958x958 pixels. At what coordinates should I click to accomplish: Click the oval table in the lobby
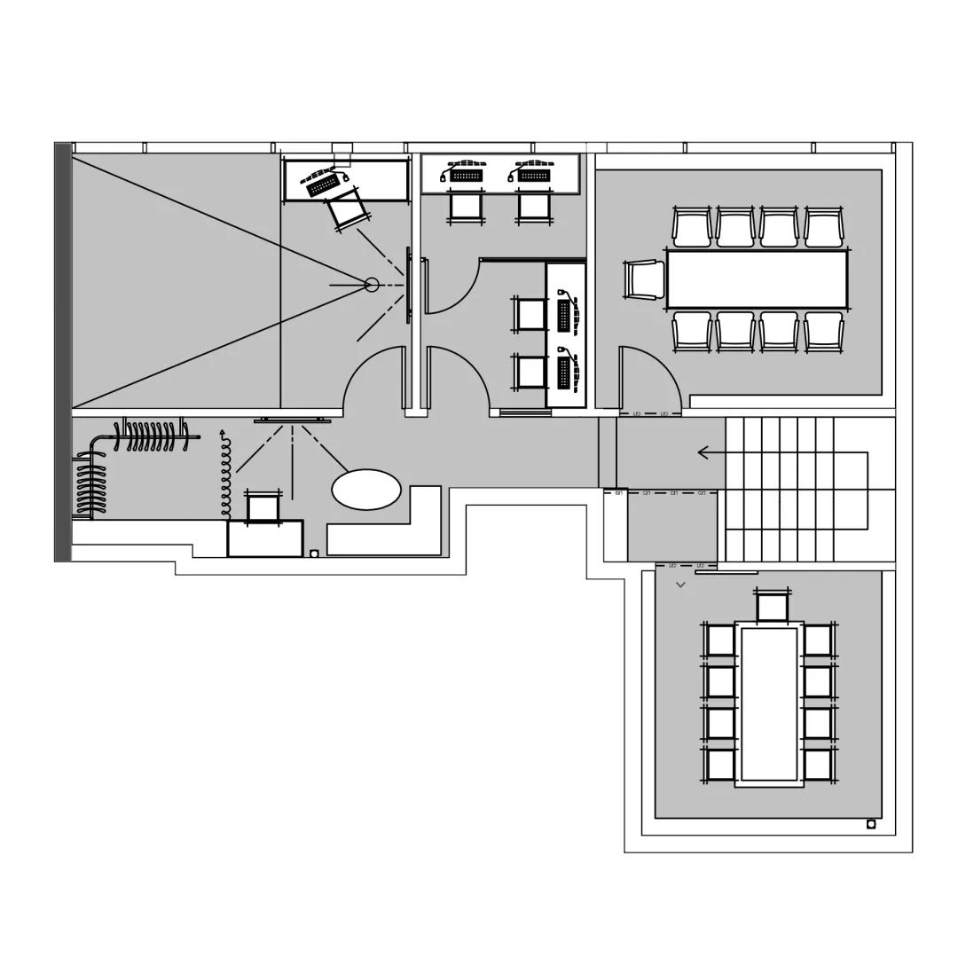(x=366, y=490)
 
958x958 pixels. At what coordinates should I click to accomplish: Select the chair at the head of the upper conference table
(x=645, y=279)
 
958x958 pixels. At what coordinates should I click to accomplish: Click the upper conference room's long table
(x=757, y=279)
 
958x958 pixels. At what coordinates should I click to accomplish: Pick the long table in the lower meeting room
(x=769, y=704)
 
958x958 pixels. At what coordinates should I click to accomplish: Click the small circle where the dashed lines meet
(x=372, y=285)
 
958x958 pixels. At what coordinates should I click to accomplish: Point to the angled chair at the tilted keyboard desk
(x=346, y=210)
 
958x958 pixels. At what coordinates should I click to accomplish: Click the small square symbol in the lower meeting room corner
(x=871, y=824)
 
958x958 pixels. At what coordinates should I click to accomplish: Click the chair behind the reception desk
(x=263, y=508)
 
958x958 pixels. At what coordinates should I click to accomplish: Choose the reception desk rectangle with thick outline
(x=264, y=538)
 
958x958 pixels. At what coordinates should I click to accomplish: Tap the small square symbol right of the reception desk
(x=314, y=554)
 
